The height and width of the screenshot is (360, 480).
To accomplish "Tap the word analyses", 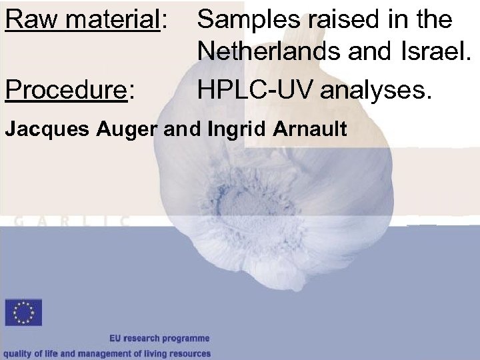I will (x=376, y=89).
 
